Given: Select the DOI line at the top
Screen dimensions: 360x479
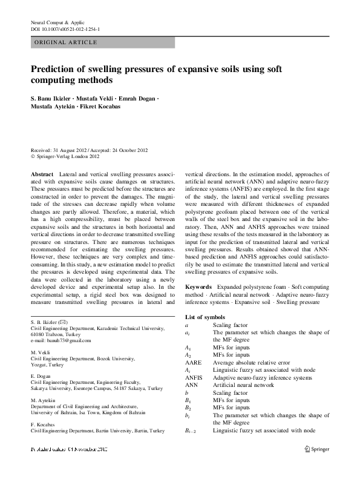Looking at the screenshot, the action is pyautogui.click(x=65, y=28).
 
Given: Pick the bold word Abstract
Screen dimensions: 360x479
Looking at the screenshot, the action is pyautogui.click(x=42, y=174).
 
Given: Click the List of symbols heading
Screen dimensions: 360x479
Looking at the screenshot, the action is pyautogui.click(x=205, y=317).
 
